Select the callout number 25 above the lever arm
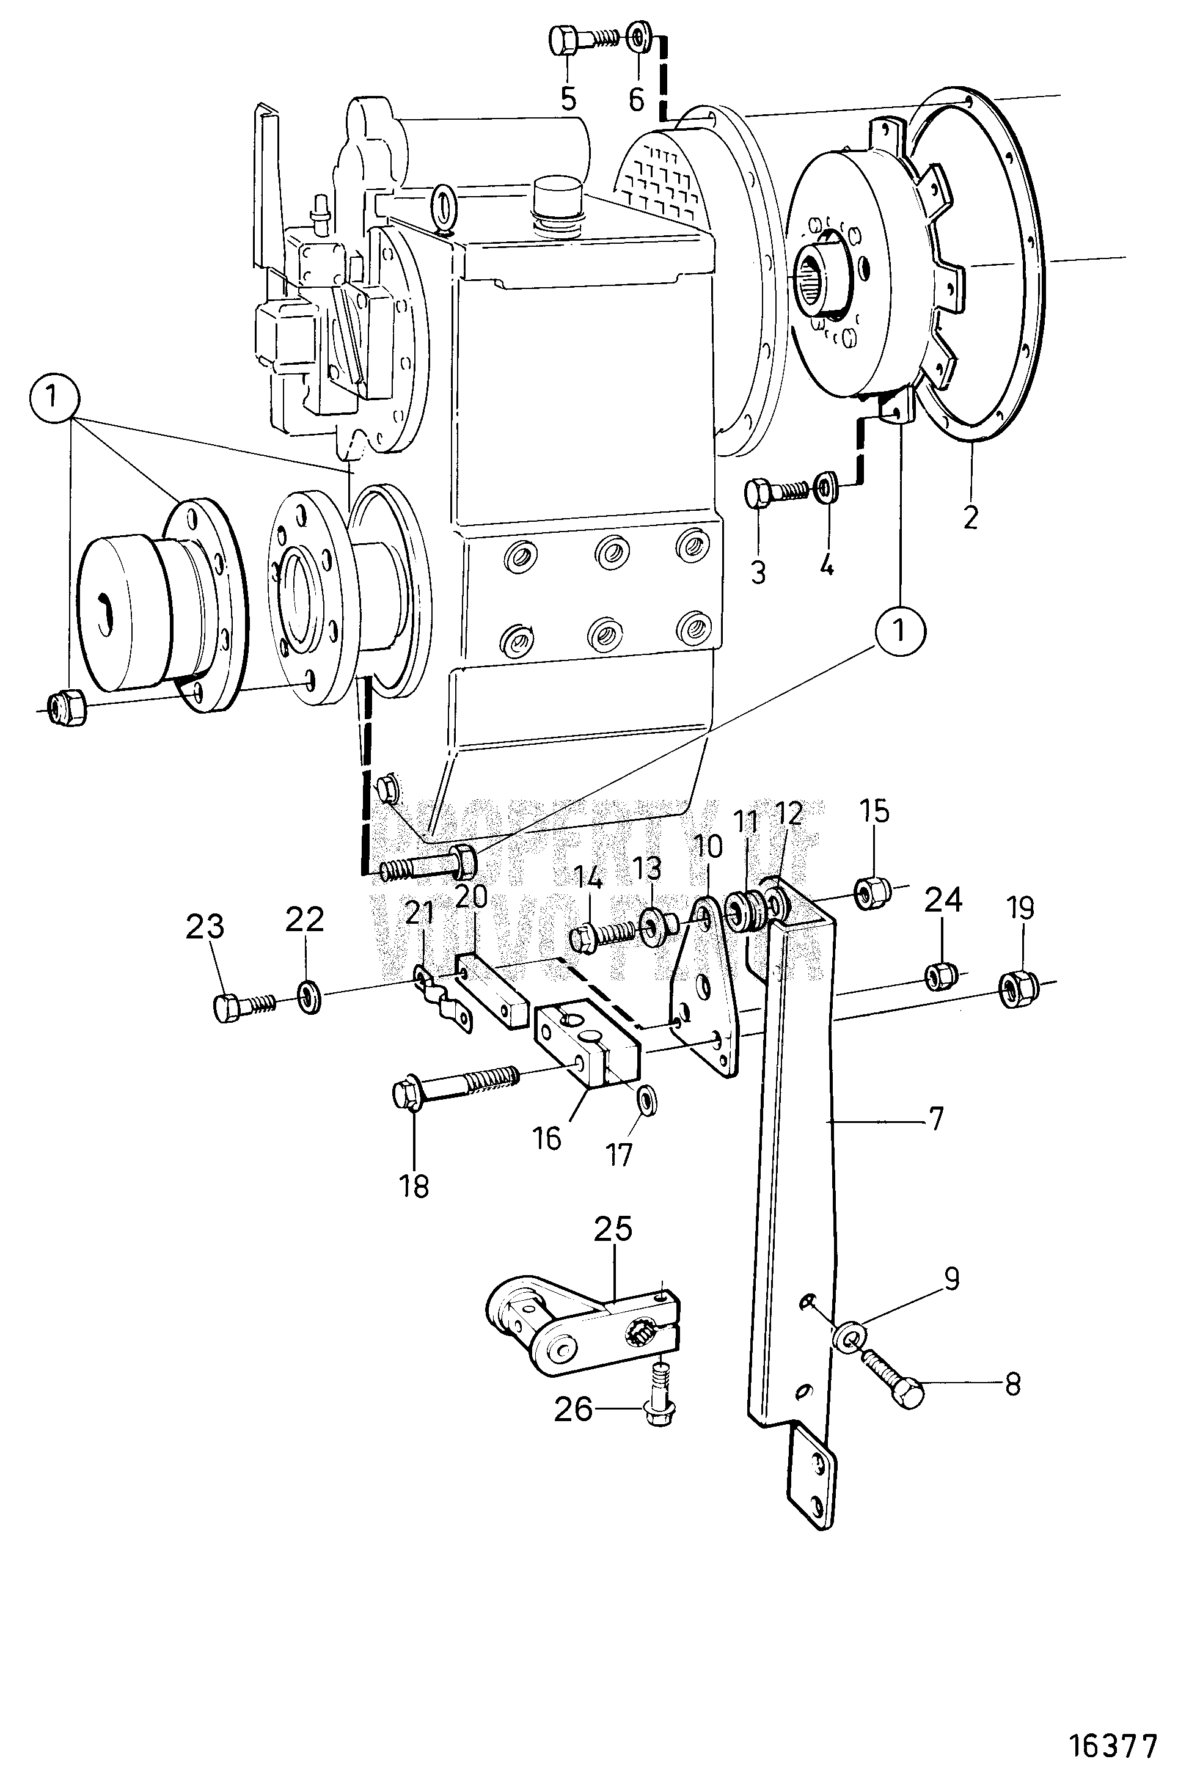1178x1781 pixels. pyautogui.click(x=613, y=1230)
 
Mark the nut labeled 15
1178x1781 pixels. pyautogui.click(x=871, y=891)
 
